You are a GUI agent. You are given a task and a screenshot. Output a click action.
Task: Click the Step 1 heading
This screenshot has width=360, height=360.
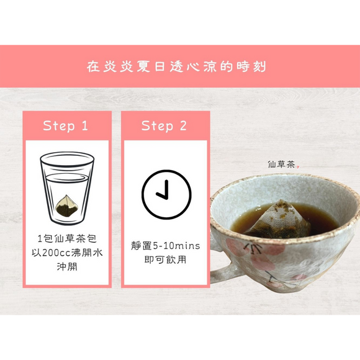pos(66,126)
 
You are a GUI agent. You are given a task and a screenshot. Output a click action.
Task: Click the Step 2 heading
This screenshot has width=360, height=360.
pos(164,126)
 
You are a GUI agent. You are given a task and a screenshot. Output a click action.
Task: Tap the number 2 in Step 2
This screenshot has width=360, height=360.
pos(183,126)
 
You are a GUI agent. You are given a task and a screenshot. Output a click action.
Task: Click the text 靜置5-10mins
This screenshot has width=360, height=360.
pos(165,246)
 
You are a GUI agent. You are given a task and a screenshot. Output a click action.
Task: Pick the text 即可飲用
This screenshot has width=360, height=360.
pos(164,259)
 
